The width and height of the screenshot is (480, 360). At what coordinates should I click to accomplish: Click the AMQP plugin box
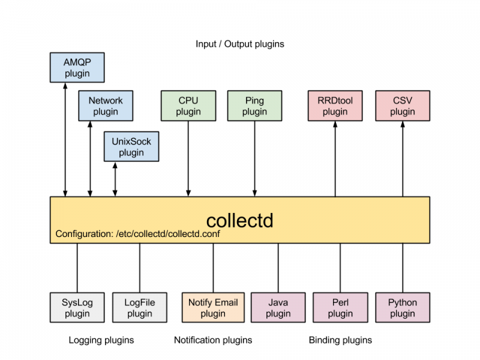[x=76, y=67]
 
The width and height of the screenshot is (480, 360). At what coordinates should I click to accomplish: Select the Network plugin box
[x=106, y=106]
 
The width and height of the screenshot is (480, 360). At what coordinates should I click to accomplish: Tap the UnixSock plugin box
[x=131, y=146]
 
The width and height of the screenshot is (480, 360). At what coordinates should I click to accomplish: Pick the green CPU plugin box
[x=188, y=106]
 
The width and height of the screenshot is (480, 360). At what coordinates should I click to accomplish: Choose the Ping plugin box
[x=254, y=106]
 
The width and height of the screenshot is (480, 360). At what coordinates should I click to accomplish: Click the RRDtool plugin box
[x=335, y=106]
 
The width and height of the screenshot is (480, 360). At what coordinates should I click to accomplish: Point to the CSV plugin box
[x=403, y=106]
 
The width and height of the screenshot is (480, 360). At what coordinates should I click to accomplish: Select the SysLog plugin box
[x=77, y=307]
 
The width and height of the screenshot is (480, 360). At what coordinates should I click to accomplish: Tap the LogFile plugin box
[x=139, y=307]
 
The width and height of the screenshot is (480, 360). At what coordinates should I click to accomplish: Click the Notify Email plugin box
[x=213, y=307]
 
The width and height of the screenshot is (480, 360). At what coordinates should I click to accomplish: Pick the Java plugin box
[x=278, y=307]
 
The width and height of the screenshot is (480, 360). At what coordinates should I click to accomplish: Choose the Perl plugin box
[x=340, y=307]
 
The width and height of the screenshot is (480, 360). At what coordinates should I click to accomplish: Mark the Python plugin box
[x=403, y=307]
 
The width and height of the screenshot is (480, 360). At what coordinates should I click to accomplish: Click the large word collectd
[x=239, y=220]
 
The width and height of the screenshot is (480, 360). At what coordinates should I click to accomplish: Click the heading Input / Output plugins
[x=240, y=44]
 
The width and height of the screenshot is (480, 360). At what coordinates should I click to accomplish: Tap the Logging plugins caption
[x=101, y=340]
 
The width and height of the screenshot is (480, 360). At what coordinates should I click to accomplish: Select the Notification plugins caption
[x=213, y=340]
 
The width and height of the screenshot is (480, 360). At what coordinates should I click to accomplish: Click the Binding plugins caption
[x=340, y=340]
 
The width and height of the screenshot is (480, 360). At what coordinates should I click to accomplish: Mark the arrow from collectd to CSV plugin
[x=403, y=159]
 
